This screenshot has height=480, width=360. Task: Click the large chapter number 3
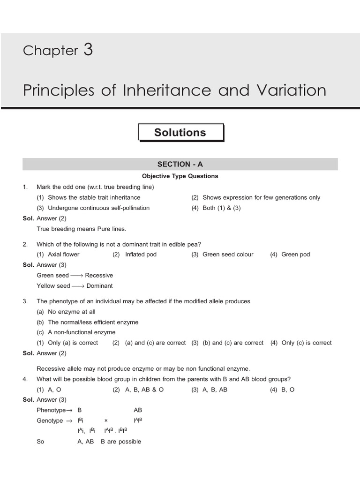[88, 49]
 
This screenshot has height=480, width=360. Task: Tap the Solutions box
[180, 133]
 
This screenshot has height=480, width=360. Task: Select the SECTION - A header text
[180, 164]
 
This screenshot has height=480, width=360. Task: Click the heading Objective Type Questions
[180, 176]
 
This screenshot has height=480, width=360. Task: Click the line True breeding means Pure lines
[82, 229]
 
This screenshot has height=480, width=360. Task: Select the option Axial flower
[64, 254]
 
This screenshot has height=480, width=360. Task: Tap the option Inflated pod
[141, 254]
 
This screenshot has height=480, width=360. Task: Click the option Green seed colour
[228, 254]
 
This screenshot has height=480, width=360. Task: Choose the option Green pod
[295, 254]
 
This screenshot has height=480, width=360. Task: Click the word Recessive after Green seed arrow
[99, 275]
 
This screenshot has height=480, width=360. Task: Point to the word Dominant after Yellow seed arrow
[99, 285]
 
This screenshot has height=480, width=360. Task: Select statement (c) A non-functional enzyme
[81, 332]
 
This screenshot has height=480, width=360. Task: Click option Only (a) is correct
[73, 343]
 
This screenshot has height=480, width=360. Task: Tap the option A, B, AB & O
[144, 390]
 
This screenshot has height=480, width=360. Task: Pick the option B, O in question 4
[288, 390]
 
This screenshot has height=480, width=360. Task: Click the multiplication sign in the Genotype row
[106, 421]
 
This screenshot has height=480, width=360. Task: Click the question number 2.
[25, 244]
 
